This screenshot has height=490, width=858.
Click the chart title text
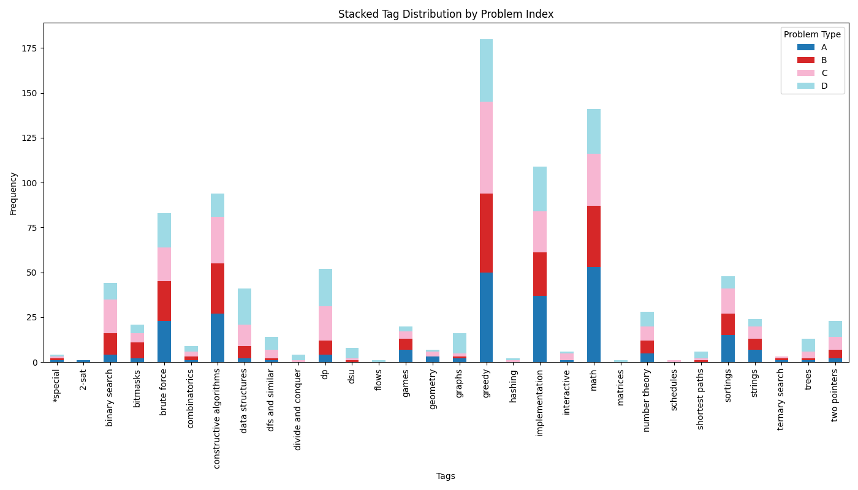446,14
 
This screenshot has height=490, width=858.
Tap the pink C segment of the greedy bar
486,148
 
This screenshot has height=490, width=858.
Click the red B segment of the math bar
593,236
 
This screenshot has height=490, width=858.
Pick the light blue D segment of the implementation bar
539,189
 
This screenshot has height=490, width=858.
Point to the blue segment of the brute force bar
164,341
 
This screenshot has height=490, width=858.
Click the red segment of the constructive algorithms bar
218,288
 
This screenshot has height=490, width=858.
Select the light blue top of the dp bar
325,287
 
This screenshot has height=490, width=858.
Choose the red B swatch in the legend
805,60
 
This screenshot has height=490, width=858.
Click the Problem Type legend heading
812,35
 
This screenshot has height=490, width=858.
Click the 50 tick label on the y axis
31,273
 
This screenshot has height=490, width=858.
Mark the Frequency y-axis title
13,193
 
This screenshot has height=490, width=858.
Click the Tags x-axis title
446,476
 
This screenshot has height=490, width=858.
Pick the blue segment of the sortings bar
727,349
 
